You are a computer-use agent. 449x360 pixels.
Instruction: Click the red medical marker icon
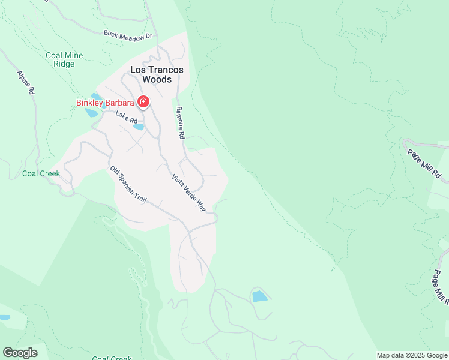143,102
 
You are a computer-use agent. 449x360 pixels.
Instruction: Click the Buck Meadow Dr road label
128,35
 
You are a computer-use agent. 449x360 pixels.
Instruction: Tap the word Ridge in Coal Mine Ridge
64,64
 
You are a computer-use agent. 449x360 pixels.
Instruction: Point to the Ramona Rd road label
179,123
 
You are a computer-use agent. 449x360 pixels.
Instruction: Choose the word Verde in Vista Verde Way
192,193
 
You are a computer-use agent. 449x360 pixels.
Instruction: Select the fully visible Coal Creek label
41,173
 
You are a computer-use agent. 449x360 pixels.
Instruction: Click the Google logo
20,353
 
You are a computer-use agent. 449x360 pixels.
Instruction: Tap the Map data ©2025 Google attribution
412,355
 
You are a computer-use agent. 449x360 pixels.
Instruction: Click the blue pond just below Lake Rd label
139,127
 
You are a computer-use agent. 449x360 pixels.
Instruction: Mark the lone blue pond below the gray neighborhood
260,296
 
